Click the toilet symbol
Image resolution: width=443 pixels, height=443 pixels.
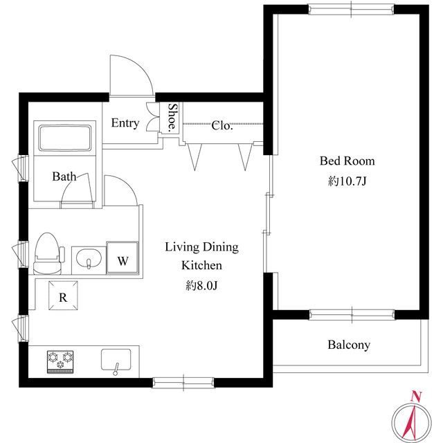pos(48,253)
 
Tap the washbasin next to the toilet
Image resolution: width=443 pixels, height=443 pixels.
pos(89,258)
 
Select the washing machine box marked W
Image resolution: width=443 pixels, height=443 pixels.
pos(123,257)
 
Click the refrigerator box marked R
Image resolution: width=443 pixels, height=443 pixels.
pos(63,296)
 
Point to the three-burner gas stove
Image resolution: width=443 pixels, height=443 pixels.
pos(60,361)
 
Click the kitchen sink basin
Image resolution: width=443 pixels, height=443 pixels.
pos(116,360)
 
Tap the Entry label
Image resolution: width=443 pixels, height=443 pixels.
pos(125,123)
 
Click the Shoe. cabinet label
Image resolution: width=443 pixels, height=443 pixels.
pos(172,118)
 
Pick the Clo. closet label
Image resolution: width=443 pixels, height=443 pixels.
pos(222,125)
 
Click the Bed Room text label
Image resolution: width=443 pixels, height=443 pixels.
pos(347,161)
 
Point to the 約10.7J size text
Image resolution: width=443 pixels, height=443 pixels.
pos(347,181)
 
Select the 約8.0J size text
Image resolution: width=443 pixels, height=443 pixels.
pos(201,286)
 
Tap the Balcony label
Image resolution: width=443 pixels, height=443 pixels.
pos(349,345)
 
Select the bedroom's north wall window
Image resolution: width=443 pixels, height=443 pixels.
pos(351,9)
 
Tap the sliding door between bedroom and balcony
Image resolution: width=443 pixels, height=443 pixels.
pos(352,315)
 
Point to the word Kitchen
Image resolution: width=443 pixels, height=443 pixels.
pos(201,265)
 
